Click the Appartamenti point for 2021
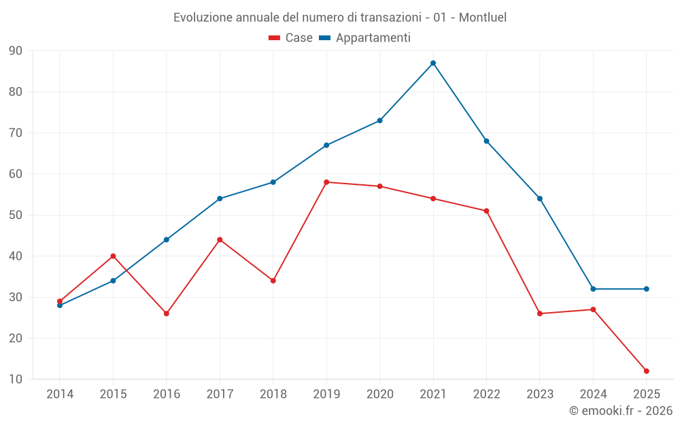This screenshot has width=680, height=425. click(x=433, y=63)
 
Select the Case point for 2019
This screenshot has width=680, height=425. click(x=326, y=182)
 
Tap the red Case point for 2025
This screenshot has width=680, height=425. click(x=647, y=371)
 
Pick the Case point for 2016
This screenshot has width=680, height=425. click(x=167, y=313)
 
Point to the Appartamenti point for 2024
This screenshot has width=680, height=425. click(x=593, y=289)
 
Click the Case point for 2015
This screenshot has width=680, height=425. click(x=113, y=256)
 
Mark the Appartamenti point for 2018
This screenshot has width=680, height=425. click(x=273, y=182)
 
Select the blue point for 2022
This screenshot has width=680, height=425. click(x=486, y=141)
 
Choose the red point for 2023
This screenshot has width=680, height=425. click(x=540, y=313)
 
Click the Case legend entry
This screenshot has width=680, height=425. click(x=290, y=38)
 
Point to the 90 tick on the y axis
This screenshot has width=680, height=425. click(x=16, y=51)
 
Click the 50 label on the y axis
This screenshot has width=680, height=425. click(x=16, y=215)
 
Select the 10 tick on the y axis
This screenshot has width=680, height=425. click(x=16, y=379)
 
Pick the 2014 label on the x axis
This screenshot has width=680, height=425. click(x=60, y=394)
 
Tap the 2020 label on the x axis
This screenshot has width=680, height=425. click(x=379, y=394)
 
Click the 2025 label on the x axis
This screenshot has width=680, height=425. click(x=647, y=394)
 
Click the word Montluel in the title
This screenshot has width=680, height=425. click(x=482, y=17)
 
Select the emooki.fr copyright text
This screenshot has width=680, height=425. click(x=621, y=411)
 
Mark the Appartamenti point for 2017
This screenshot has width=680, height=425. click(x=220, y=199)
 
